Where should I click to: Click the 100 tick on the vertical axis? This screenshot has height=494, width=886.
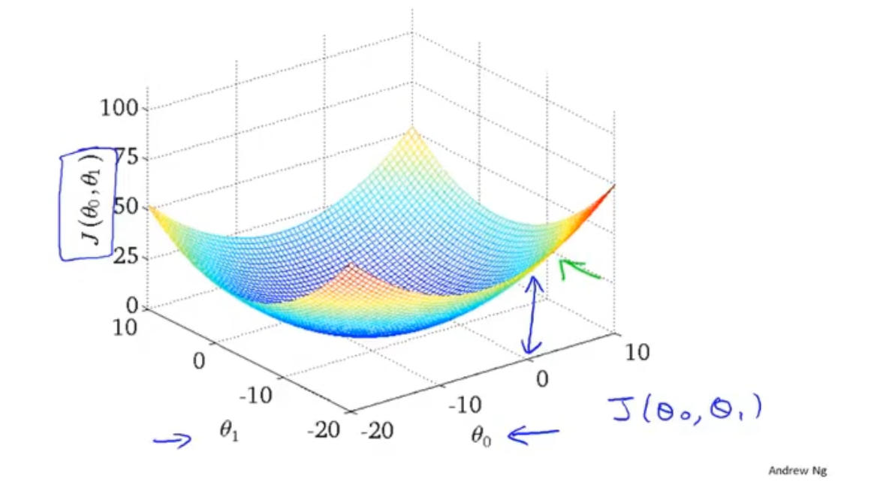[x=118, y=108]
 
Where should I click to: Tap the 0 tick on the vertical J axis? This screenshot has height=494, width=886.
[x=134, y=306]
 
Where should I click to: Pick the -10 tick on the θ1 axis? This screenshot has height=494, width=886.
[x=257, y=396]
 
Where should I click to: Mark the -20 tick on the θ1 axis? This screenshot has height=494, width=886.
[x=323, y=430]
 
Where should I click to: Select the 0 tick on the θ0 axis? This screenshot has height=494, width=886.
[x=541, y=378]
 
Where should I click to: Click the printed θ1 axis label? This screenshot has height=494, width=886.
[x=229, y=433]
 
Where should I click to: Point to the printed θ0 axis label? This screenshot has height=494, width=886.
[x=481, y=435]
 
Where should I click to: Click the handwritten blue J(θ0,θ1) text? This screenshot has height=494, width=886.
[x=685, y=409]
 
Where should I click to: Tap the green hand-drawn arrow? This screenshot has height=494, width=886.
[x=581, y=270]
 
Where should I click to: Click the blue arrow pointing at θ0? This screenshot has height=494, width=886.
[x=532, y=434]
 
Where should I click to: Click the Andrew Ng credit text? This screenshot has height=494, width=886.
[x=797, y=471]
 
